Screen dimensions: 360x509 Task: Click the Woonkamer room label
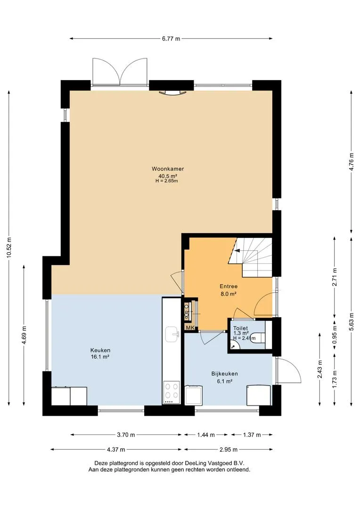[x=168, y=169]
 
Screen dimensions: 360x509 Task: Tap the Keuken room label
[x=100, y=350]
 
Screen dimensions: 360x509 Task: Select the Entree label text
[x=229, y=287]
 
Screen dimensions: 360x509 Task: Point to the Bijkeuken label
[x=225, y=374]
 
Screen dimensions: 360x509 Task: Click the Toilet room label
[x=240, y=328]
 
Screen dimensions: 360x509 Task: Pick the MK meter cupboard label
[x=190, y=328]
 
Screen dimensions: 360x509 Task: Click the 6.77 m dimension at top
[x=171, y=39]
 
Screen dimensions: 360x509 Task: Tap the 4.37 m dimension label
[x=116, y=450]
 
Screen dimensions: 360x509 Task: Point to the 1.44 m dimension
[x=206, y=435]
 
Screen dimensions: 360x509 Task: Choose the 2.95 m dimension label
[x=228, y=450]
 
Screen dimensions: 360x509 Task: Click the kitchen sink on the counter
[x=172, y=334]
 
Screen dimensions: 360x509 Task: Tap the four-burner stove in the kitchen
[x=172, y=392]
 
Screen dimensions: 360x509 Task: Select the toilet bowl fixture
[x=259, y=338]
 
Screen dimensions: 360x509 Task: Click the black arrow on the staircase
[x=237, y=251]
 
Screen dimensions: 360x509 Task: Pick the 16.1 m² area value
[x=100, y=357]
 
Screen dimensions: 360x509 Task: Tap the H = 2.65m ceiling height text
[x=166, y=181]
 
